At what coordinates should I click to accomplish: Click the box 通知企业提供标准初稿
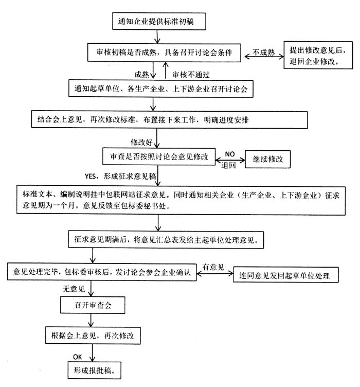[159, 22]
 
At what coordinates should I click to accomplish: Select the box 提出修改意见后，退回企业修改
[318, 55]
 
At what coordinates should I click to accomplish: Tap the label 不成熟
[264, 52]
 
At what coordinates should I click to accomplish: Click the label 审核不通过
[191, 75]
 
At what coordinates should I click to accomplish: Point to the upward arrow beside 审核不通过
[166, 71]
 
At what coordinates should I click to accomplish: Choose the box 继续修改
[267, 159]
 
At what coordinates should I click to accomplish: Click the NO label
[229, 154]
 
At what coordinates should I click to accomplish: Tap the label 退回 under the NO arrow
[228, 165]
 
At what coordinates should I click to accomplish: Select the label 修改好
[141, 142]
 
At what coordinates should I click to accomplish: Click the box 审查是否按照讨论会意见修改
[159, 156]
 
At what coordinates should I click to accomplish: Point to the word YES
[90, 176]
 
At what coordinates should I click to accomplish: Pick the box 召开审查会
[93, 305]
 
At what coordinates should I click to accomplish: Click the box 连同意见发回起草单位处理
[286, 275]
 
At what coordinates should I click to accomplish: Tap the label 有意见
[213, 267]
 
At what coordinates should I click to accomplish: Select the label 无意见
[74, 289]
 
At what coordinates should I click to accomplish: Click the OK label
[78, 357]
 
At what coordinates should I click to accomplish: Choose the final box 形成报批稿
[95, 370]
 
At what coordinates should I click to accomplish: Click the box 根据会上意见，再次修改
[93, 336]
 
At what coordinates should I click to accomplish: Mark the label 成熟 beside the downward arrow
[141, 74]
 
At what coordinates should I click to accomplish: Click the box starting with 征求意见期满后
[166, 240]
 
